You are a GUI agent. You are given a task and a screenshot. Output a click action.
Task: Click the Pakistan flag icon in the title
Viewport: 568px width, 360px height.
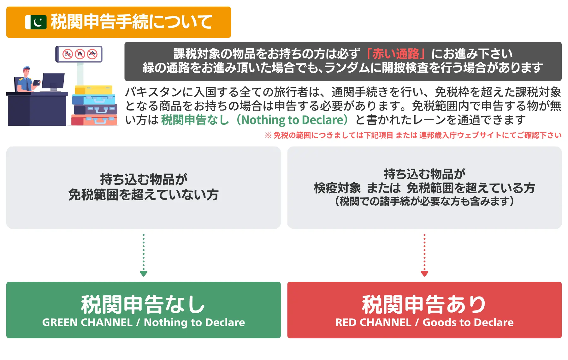(36, 22)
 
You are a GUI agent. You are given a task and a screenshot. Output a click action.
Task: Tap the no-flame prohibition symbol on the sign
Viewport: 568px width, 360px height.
(80, 54)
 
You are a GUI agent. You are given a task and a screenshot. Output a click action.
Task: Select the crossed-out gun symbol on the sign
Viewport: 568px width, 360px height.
(92, 54)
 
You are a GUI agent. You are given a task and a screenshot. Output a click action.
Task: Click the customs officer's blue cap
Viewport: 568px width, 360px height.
(27, 68)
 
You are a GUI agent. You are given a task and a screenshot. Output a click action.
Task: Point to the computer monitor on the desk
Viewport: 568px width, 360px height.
(53, 81)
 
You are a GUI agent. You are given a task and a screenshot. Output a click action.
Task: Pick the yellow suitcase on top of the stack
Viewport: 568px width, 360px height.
(93, 90)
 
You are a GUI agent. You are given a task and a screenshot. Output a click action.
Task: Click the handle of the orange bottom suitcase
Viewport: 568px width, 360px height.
(100, 121)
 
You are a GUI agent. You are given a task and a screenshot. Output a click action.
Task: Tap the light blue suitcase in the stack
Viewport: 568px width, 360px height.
(94, 100)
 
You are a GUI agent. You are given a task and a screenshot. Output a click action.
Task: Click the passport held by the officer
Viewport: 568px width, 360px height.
(37, 83)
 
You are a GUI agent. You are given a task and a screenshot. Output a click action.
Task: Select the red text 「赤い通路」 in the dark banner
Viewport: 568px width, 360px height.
(395, 54)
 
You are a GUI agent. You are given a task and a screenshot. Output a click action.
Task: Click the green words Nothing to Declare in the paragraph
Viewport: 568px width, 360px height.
(292, 120)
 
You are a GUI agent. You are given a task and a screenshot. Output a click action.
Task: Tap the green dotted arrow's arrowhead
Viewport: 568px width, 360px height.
(144, 273)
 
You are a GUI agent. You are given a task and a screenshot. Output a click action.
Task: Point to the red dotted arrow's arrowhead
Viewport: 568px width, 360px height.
(424, 273)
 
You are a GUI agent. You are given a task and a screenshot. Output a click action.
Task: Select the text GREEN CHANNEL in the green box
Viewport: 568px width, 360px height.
(87, 322)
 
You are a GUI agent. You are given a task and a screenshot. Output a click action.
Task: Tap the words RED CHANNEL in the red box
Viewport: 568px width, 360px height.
(373, 322)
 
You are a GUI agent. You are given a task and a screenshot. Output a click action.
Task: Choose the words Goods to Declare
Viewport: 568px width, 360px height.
(468, 322)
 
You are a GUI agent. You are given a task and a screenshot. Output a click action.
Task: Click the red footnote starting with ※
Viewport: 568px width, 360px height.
(413, 135)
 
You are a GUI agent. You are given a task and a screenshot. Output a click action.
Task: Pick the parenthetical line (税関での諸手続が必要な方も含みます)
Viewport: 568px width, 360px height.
(424, 201)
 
